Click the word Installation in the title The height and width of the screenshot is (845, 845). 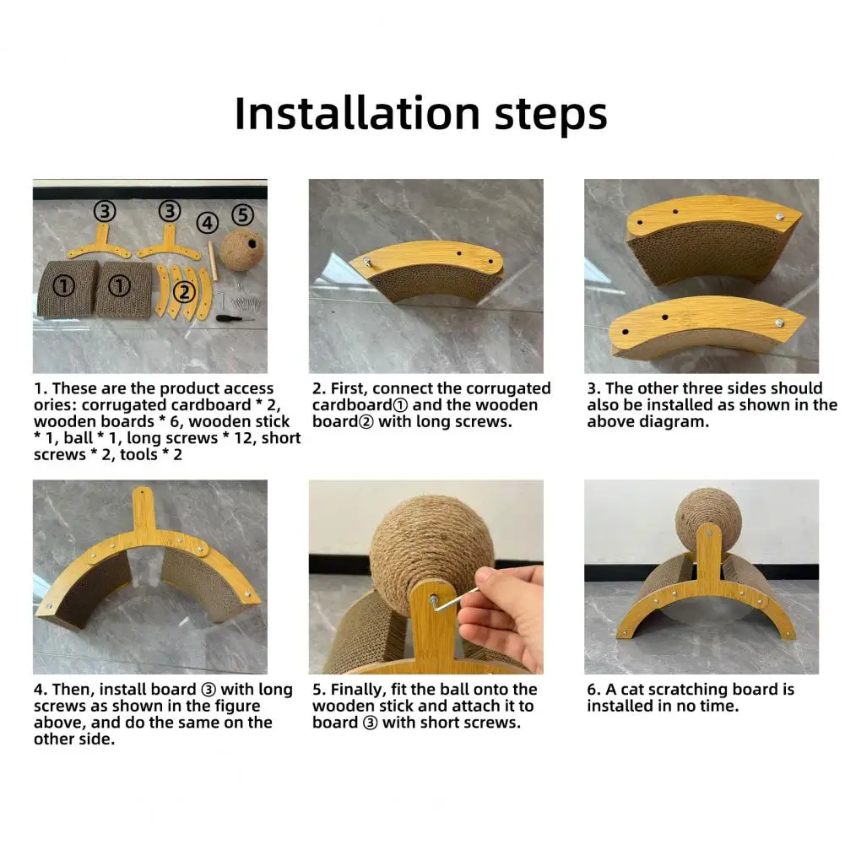[x=357, y=113]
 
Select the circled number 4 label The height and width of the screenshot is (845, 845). [x=208, y=223]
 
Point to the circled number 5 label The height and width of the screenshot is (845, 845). [x=243, y=215]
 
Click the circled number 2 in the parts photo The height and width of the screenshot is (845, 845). [x=184, y=292]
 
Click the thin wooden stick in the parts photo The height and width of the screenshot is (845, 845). [x=214, y=261]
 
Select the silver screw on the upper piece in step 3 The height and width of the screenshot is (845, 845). [x=779, y=217]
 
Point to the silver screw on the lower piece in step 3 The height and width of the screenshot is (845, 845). [x=778, y=323]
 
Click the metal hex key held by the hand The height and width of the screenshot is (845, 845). [x=454, y=600]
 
